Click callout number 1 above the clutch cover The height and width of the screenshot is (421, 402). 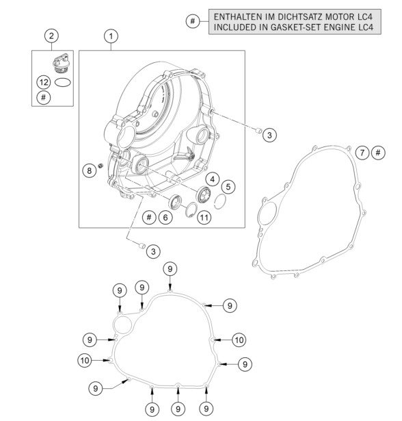pyautogui.click(x=111, y=36)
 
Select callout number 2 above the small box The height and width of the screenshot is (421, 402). pyautogui.click(x=51, y=36)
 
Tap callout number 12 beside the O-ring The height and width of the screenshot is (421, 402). pyautogui.click(x=44, y=82)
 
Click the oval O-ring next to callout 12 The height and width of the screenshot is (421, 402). pyautogui.click(x=63, y=82)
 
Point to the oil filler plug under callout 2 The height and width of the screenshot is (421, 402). pyautogui.click(x=62, y=63)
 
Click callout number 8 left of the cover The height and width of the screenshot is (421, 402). pyautogui.click(x=90, y=170)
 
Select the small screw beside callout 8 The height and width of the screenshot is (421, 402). pyautogui.click(x=100, y=166)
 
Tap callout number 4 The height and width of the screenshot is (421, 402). pyautogui.click(x=213, y=179)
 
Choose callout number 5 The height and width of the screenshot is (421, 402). pyautogui.click(x=228, y=187)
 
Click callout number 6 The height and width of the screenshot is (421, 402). pyautogui.click(x=165, y=217)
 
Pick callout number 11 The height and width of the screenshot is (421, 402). pyautogui.click(x=204, y=217)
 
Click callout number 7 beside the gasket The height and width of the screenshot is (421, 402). pyautogui.click(x=362, y=153)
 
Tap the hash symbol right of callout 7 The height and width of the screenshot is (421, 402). pyautogui.click(x=378, y=153)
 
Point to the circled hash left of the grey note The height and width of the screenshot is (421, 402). pyautogui.click(x=193, y=21)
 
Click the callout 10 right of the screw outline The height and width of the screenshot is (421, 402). pyautogui.click(x=239, y=340)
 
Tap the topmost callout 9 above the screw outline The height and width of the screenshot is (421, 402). pyautogui.click(x=170, y=269)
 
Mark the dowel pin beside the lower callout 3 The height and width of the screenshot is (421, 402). pyautogui.click(x=142, y=245)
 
